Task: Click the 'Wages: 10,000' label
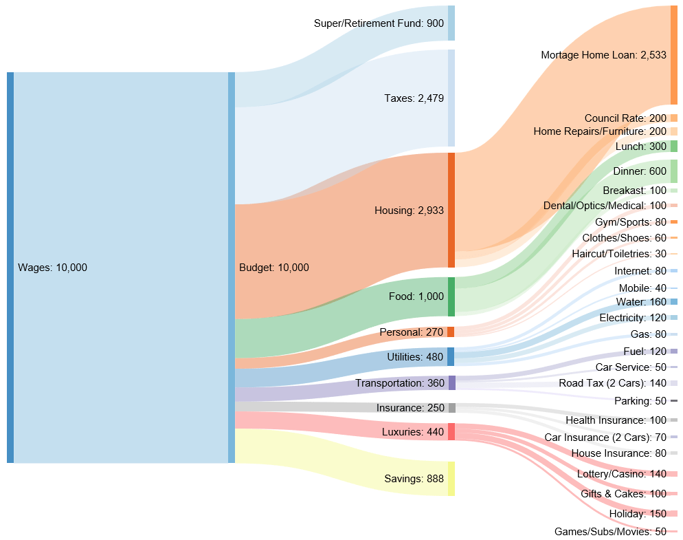pyautogui.click(x=52, y=268)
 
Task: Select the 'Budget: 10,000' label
pyautogui.click(x=273, y=268)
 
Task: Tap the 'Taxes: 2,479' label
pyautogui.click(x=414, y=98)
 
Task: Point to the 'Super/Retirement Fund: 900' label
pyautogui.click(x=379, y=23)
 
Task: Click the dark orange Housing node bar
pyautogui.click(x=451, y=210)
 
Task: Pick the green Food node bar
pyautogui.click(x=451, y=296)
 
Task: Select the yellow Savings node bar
pyautogui.click(x=451, y=479)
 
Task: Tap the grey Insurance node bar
pyautogui.click(x=451, y=408)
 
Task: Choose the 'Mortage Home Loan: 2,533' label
pyautogui.click(x=603, y=55)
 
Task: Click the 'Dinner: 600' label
pyautogui.click(x=640, y=171)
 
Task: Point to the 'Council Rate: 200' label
pyautogui.click(x=625, y=118)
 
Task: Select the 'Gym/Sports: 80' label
pyautogui.click(x=631, y=222)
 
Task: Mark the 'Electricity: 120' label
pyautogui.click(x=633, y=318)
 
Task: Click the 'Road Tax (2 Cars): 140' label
pyautogui.click(x=612, y=383)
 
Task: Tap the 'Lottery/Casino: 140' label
pyautogui.click(x=621, y=474)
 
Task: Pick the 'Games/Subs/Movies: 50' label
pyautogui.click(x=610, y=532)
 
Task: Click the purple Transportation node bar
pyautogui.click(x=451, y=383)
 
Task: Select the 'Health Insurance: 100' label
pyautogui.click(x=616, y=420)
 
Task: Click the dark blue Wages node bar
pyautogui.click(x=10, y=268)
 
